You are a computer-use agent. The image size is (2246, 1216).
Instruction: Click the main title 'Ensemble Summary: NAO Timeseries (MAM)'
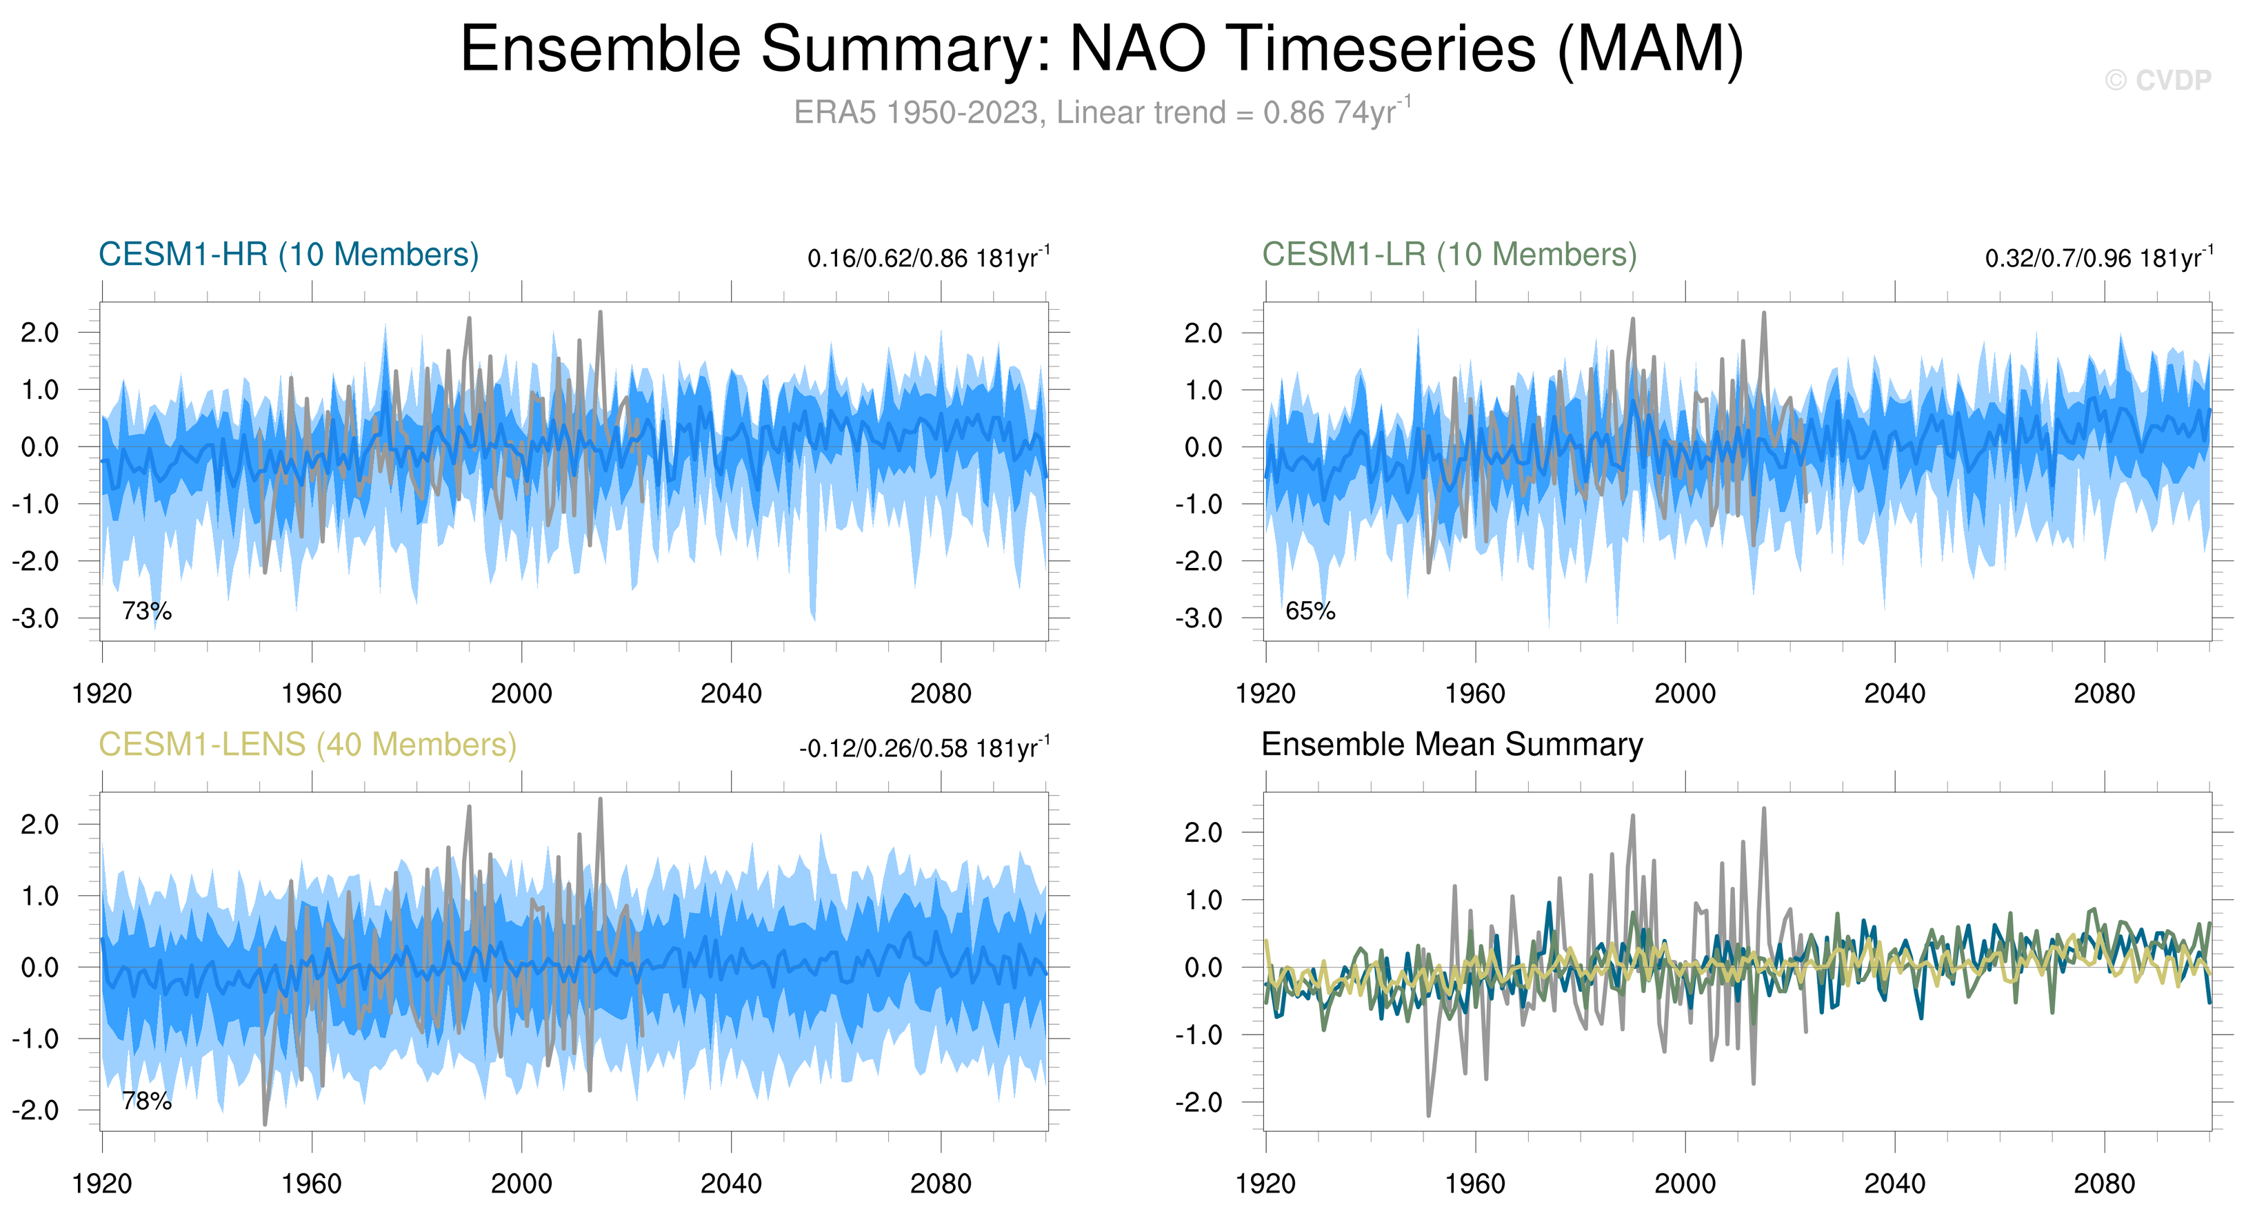tap(1102, 49)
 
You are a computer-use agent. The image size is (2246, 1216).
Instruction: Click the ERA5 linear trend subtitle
tap(1102, 112)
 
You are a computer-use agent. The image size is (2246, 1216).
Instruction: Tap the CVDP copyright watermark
tap(2158, 80)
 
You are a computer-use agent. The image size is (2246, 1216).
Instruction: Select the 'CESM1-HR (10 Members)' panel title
tap(289, 255)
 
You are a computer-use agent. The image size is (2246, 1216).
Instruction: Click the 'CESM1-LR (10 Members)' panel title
tap(1449, 255)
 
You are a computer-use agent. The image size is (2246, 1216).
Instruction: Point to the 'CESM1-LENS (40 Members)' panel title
tap(307, 745)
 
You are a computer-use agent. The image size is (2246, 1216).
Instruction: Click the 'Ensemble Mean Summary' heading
tap(1452, 745)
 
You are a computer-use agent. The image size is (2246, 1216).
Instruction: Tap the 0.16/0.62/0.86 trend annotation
tap(929, 258)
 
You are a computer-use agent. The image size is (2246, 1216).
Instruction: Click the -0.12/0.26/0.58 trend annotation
tap(924, 749)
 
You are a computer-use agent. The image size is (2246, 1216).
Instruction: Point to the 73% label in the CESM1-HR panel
tap(146, 611)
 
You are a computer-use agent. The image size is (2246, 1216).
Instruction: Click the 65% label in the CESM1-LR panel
tap(1310, 611)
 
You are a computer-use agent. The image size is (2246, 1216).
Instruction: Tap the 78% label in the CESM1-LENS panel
tap(146, 1101)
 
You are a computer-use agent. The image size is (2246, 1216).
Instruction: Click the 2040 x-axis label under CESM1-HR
tap(731, 694)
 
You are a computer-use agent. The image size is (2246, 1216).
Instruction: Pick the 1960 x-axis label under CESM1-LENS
tap(311, 1184)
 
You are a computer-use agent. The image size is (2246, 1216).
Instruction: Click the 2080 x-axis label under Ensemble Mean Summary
tap(2104, 1184)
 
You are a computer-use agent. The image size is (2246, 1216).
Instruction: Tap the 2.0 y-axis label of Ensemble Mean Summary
tap(1203, 832)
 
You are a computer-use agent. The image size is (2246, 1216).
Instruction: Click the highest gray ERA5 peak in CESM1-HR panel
tap(601, 313)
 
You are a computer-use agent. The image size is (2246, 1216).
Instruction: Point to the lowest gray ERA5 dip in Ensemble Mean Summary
tap(1428, 1115)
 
